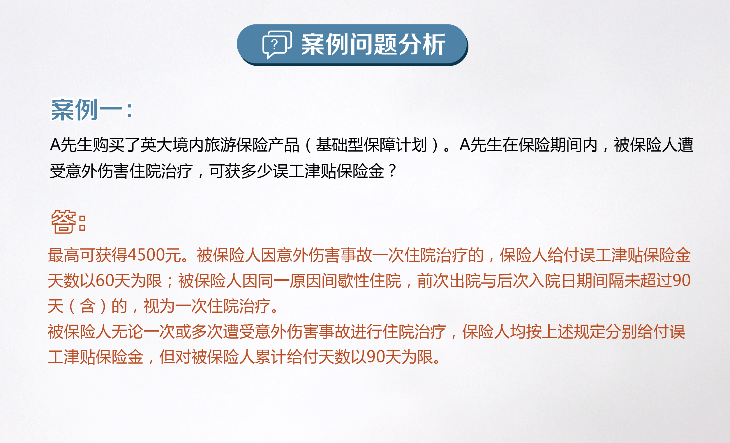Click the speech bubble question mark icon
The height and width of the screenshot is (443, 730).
(277, 45)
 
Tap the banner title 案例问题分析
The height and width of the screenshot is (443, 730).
(373, 45)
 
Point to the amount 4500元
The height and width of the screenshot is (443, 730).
(154, 255)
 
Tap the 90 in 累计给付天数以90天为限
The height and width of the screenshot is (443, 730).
(376, 357)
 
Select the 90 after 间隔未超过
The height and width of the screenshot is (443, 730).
(681, 280)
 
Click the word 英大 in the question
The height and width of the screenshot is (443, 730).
(156, 145)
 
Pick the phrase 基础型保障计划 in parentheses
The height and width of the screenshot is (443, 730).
(371, 145)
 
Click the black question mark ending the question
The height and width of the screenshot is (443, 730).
(392, 171)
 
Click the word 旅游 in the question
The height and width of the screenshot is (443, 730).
(220, 145)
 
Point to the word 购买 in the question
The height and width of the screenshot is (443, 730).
(108, 145)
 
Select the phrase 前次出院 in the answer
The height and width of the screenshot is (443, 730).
(449, 280)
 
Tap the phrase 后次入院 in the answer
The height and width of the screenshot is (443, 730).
(529, 280)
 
